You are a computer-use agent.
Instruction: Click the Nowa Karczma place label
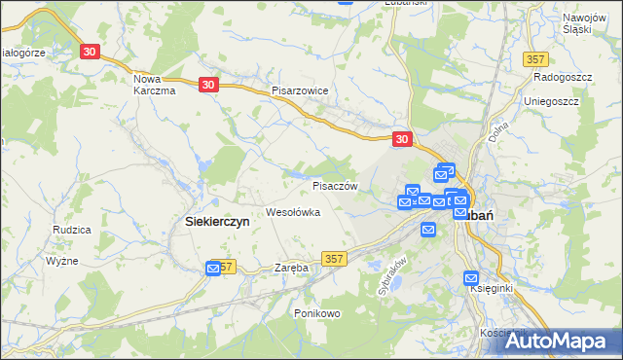click(x=153, y=85)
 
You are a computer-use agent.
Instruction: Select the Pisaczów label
click(x=336, y=185)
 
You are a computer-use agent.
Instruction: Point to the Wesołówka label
click(x=293, y=212)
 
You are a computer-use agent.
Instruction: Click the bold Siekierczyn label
click(x=217, y=222)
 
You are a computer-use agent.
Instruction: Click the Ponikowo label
click(x=316, y=313)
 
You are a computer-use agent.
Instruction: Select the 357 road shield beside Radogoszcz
click(x=534, y=60)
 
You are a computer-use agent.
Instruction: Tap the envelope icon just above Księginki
click(x=472, y=276)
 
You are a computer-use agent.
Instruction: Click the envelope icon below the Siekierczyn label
click(x=214, y=268)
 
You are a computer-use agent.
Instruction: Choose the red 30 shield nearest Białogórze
click(x=91, y=51)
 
